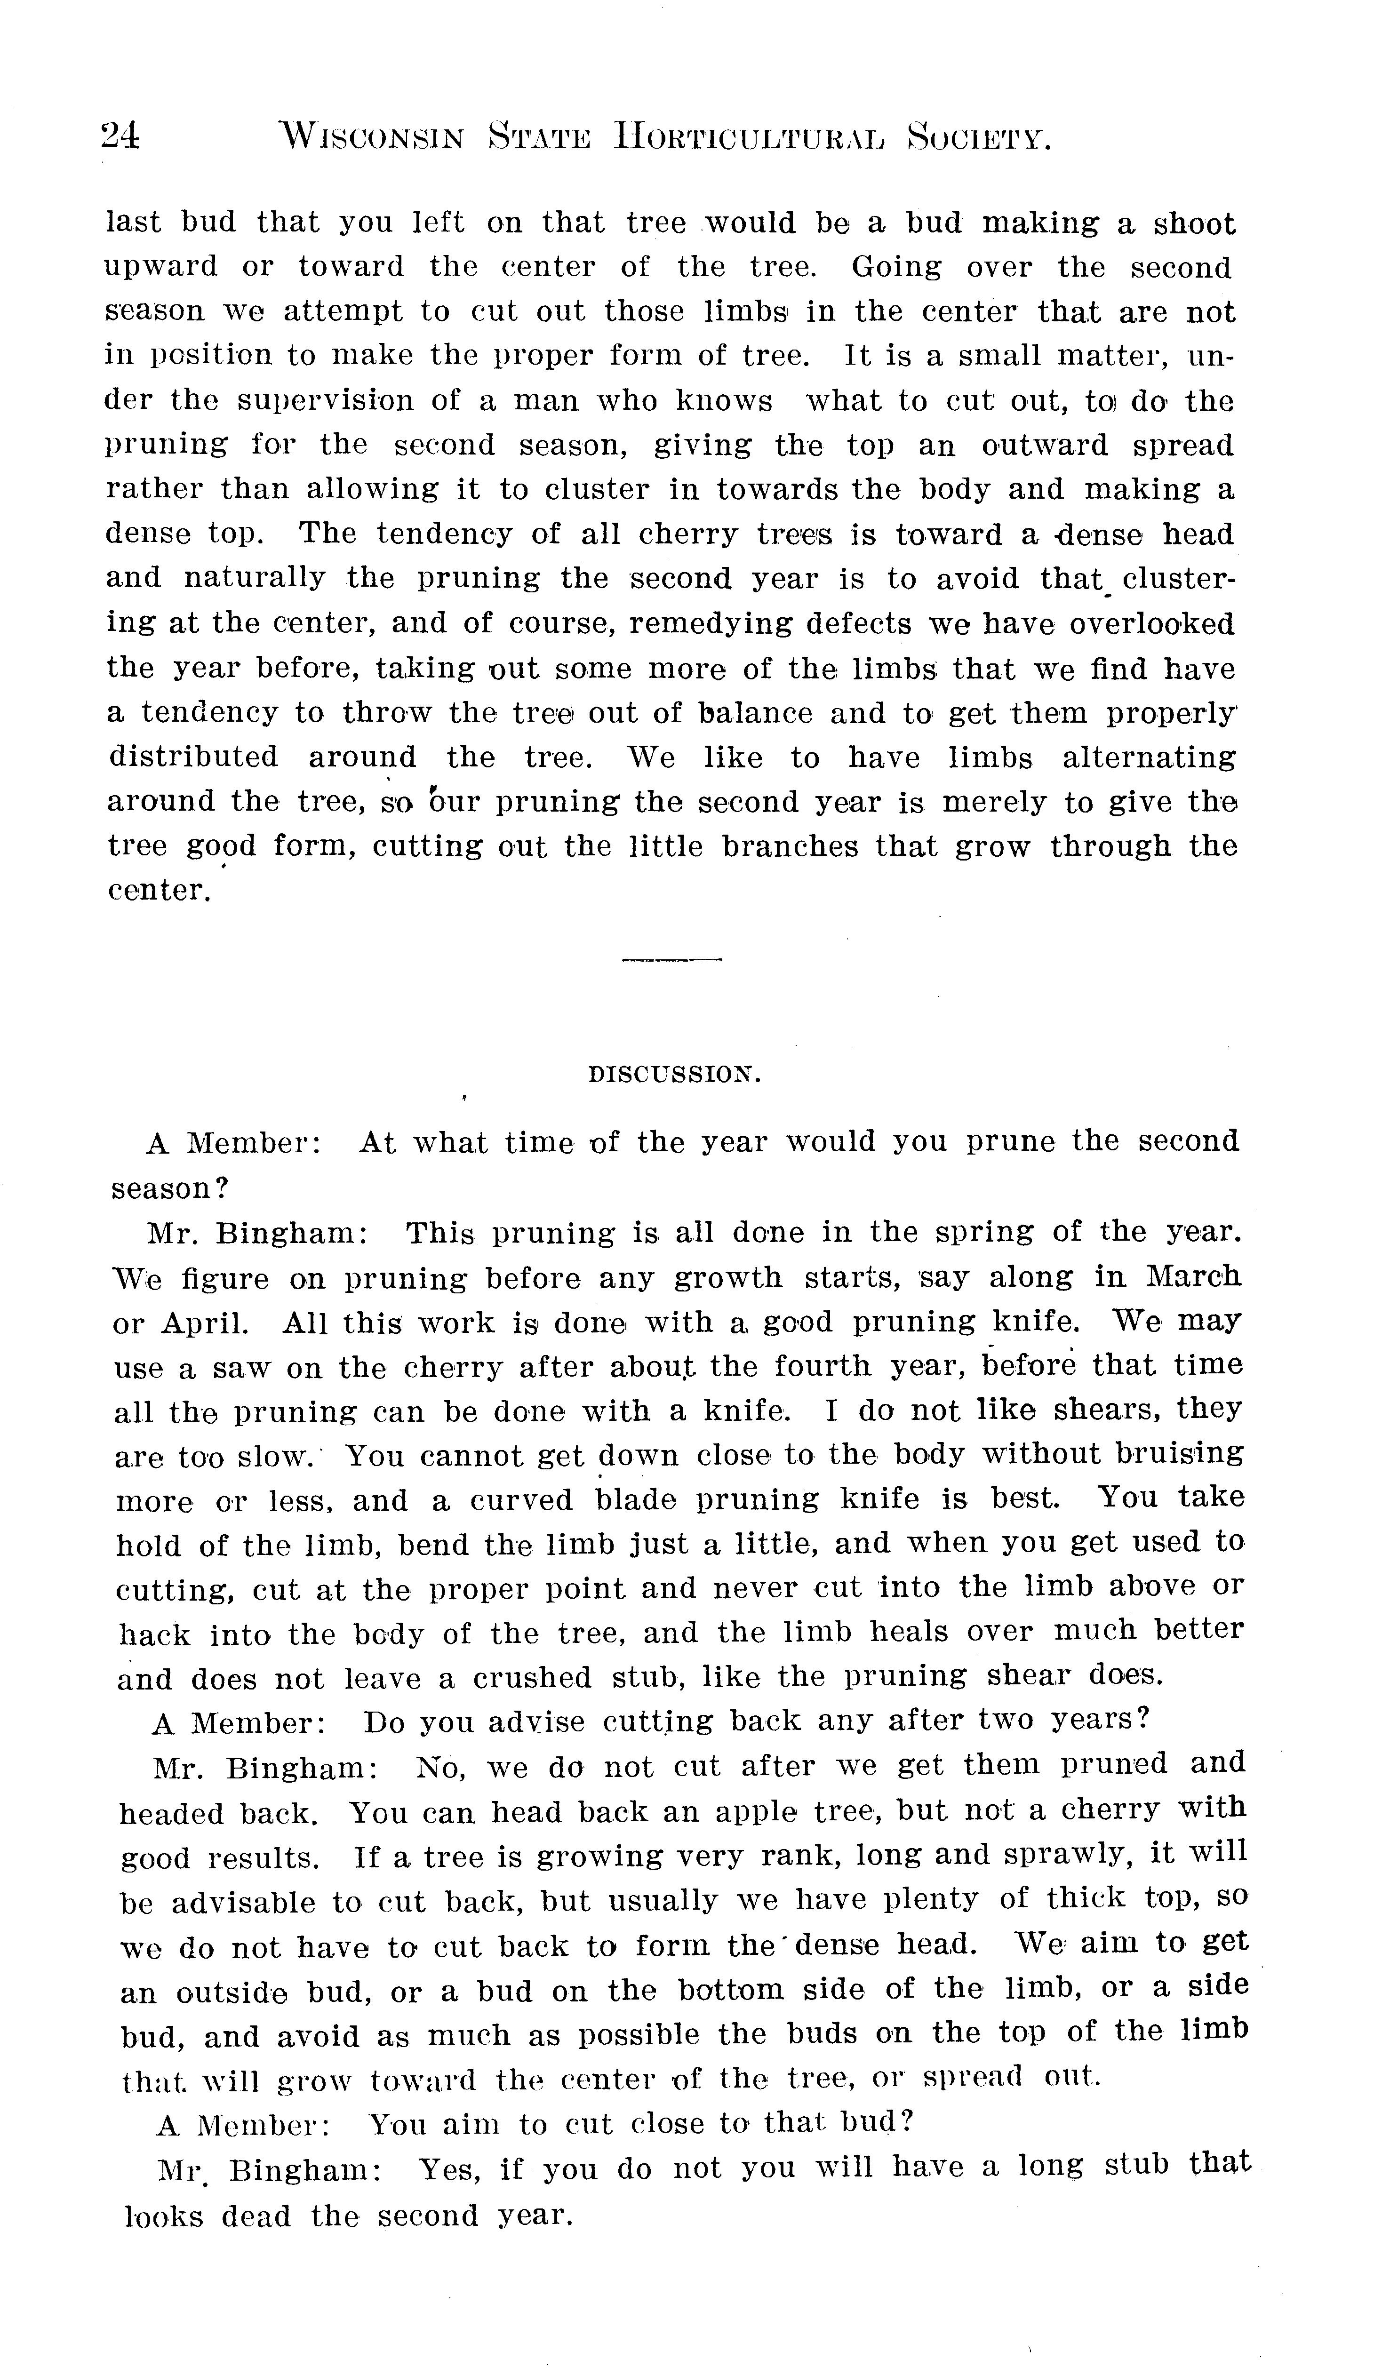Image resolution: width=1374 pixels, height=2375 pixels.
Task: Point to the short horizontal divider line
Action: click(672, 960)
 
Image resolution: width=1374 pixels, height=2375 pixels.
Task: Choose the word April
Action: click(205, 1322)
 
